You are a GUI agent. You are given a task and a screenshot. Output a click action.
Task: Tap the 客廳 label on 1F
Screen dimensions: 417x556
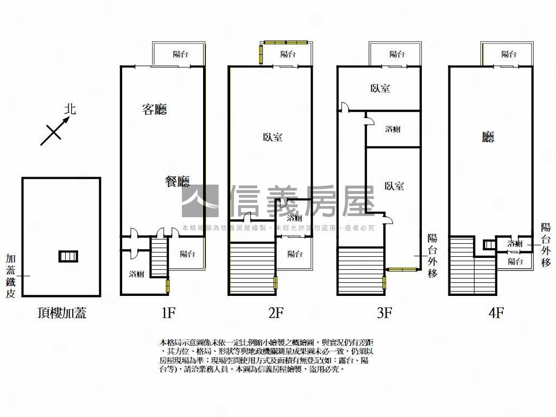click(x=154, y=110)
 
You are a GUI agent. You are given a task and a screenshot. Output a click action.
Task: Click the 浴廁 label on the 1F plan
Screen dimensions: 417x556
click(x=136, y=274)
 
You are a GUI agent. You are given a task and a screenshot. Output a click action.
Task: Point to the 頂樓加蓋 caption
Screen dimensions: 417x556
click(x=62, y=313)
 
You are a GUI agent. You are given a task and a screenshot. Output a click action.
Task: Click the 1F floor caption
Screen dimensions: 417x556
click(x=168, y=313)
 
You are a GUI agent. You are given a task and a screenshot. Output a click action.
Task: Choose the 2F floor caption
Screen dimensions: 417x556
click(x=276, y=313)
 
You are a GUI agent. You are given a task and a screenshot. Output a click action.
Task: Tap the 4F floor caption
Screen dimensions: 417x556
click(x=496, y=313)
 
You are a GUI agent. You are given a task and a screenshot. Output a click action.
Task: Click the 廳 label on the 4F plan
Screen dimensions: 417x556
click(x=488, y=137)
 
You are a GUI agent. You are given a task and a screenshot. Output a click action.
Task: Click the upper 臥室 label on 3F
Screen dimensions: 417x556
click(x=380, y=89)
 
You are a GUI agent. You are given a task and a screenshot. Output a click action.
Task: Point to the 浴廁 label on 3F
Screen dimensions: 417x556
click(x=393, y=129)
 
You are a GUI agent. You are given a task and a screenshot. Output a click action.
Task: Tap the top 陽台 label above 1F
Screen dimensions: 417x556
click(x=180, y=54)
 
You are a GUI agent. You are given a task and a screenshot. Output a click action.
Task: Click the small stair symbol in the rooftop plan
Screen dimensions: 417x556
click(x=68, y=256)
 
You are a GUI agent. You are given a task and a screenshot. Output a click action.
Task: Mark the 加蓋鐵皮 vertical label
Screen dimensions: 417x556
click(x=10, y=276)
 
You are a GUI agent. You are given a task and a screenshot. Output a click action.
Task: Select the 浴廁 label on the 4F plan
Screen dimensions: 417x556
click(x=515, y=244)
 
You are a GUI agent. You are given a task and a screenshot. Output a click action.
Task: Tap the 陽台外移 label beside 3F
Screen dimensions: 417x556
click(x=432, y=255)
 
